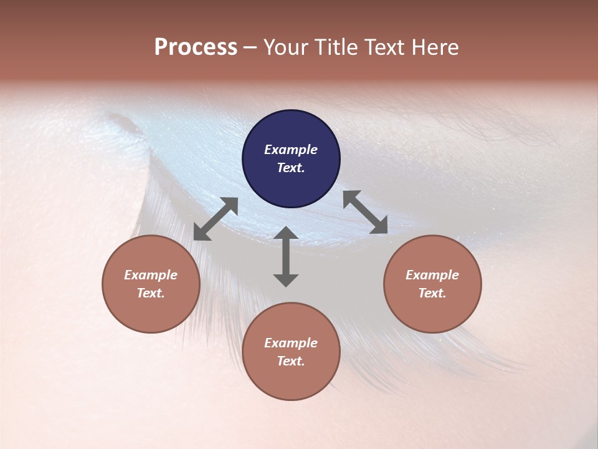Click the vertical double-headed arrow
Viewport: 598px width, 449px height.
286,256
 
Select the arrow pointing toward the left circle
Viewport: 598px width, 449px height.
216,219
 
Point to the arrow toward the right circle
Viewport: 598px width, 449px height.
365,212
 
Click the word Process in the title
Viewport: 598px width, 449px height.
196,47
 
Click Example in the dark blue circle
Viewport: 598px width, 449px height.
291,150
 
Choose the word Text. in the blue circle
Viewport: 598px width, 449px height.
291,168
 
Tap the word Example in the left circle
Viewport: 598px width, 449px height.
151,275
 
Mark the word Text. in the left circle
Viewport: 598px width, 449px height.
151,293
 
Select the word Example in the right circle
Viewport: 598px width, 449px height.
432,275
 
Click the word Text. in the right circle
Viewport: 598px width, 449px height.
432,293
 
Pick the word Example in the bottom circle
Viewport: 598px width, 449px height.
291,343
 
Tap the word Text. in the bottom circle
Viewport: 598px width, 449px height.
291,361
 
